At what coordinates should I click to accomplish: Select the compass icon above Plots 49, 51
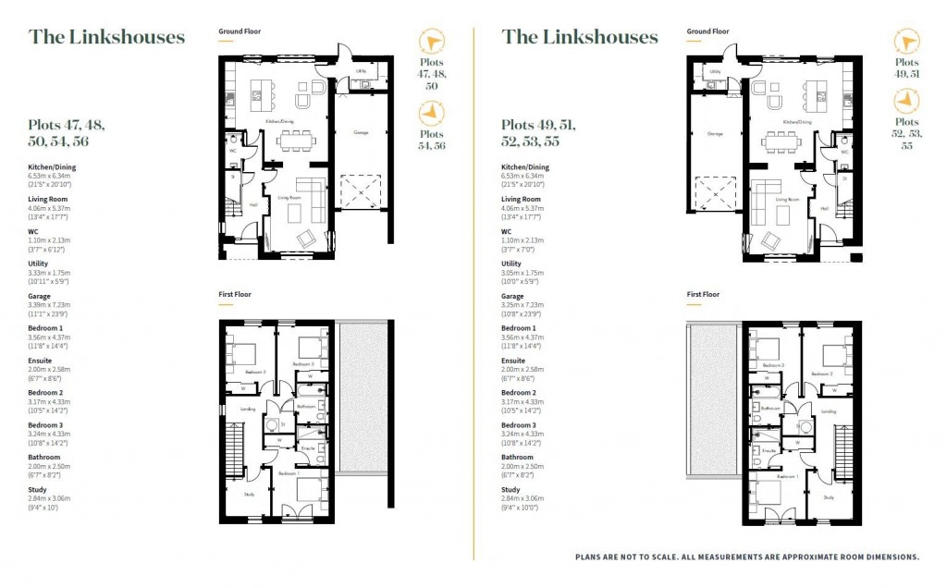coord(905,41)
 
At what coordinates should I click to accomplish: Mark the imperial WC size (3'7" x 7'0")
coord(520,248)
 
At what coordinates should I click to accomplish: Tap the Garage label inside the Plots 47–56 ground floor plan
coord(361,133)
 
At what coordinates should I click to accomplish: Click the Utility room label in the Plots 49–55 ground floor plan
coord(714,70)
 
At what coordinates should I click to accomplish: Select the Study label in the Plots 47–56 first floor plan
coord(250,493)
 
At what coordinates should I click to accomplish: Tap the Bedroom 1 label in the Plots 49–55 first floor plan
coord(789,476)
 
